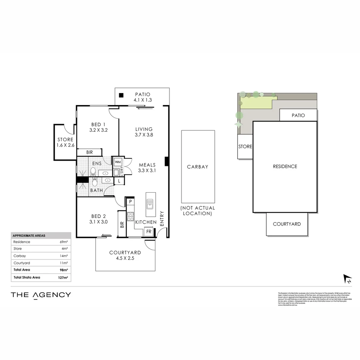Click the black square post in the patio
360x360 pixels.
(x=122, y=95)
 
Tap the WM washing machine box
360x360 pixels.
(x=117, y=162)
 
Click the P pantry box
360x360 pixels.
(x=130, y=202)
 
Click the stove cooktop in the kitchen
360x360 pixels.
(x=130, y=215)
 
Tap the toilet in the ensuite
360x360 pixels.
(x=93, y=171)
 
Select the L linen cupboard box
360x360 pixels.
(x=119, y=181)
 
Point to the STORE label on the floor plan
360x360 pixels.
(x=65, y=140)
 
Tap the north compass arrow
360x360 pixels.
(x=348, y=279)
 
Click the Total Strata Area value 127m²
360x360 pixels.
(x=63, y=277)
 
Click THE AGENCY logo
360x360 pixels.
(x=41, y=295)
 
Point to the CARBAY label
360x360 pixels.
(x=197, y=167)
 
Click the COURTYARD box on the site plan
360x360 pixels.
(x=287, y=224)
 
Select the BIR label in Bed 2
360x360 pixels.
(x=122, y=225)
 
